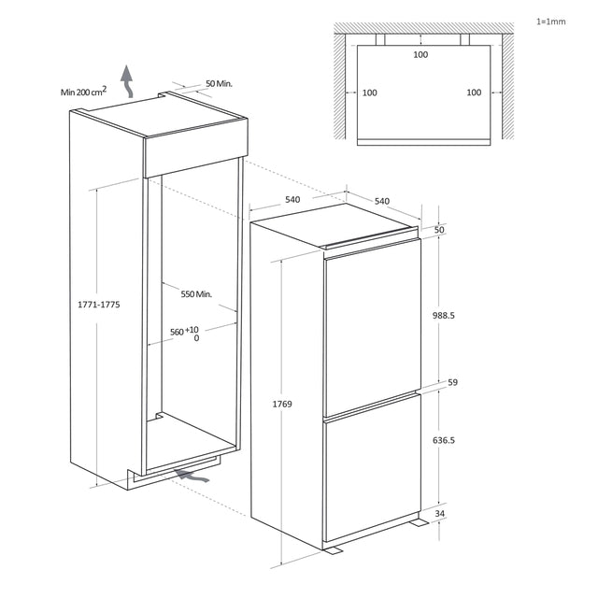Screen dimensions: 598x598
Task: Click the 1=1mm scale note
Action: click(550, 21)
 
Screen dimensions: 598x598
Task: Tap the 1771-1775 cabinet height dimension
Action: click(99, 305)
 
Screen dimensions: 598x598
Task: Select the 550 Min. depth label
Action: click(196, 294)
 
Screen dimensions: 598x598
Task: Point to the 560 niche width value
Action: click(177, 332)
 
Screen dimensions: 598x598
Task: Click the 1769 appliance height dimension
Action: click(282, 404)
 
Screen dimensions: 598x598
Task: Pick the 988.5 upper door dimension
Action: click(444, 316)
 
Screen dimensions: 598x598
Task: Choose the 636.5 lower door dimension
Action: click(444, 440)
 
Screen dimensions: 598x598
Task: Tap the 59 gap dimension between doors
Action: click(452, 382)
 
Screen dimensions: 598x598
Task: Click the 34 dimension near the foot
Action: click(440, 513)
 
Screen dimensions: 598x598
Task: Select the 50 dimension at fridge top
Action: click(439, 230)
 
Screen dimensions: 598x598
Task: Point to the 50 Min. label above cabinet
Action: click(219, 83)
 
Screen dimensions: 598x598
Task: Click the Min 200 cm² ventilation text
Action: click(83, 92)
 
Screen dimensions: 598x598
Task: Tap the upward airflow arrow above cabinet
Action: click(127, 81)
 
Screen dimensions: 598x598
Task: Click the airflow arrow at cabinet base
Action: click(192, 476)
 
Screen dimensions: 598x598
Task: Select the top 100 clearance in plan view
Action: click(420, 54)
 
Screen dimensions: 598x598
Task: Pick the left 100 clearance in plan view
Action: click(370, 93)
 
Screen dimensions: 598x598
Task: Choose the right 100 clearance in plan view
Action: click(474, 93)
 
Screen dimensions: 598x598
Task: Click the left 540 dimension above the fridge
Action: click(292, 199)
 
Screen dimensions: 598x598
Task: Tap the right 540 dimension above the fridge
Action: click(382, 201)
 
